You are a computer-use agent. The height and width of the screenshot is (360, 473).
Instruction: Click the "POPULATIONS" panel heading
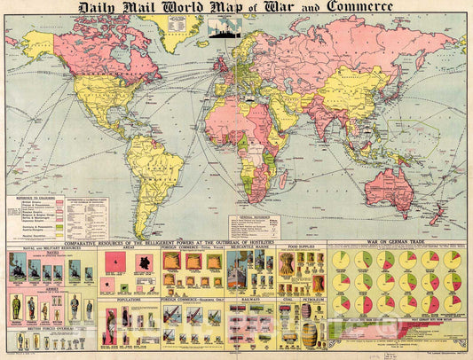(122, 300)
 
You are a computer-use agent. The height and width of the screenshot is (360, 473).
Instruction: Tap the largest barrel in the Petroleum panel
(309, 335)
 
